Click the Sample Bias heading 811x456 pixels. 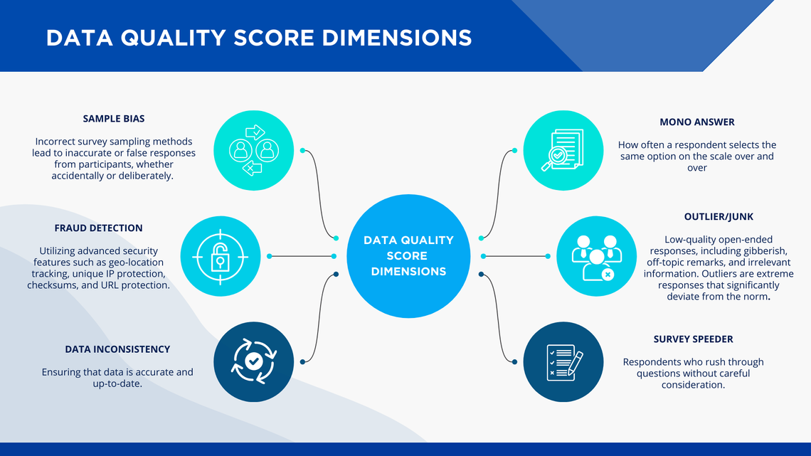pos(114,118)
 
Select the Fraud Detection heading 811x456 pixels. pos(98,228)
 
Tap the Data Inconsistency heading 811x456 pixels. pos(117,349)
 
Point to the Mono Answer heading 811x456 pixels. pos(696,122)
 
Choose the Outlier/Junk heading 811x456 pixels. pos(719,217)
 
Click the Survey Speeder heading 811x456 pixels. pos(693,339)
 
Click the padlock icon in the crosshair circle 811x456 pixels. pos(221,256)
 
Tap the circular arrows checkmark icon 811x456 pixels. pos(253,361)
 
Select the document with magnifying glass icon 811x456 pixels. pos(562,150)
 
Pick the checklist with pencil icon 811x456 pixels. pos(564,362)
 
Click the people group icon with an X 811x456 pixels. pos(596,258)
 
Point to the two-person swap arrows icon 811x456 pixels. pos(254,150)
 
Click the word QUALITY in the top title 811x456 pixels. pos(174,38)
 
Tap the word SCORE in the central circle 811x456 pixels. pos(407,256)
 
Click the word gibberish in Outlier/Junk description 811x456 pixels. pos(763,250)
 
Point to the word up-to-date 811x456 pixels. pos(117,383)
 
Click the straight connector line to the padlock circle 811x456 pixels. pos(302,256)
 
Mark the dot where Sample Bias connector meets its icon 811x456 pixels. pos(302,150)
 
